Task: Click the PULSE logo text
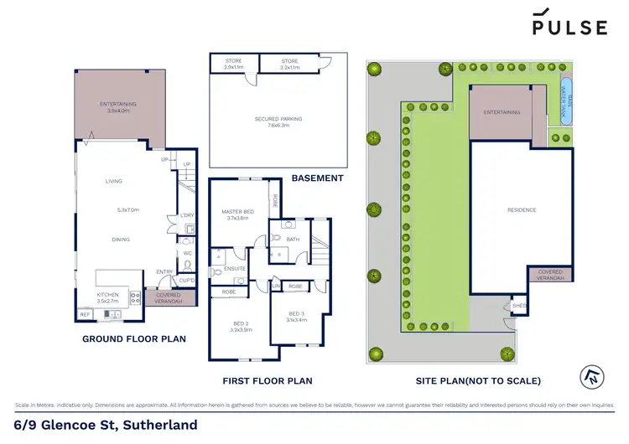pyautogui.click(x=569, y=27)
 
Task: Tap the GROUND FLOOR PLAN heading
pyautogui.click(x=133, y=339)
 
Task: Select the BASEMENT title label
pyautogui.click(x=318, y=178)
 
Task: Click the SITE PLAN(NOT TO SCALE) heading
pyautogui.click(x=478, y=381)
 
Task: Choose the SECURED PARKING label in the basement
pyautogui.click(x=278, y=119)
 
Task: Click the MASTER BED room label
pyautogui.click(x=237, y=211)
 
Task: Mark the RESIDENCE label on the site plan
pyautogui.click(x=520, y=209)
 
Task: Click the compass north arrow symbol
pyautogui.click(x=590, y=378)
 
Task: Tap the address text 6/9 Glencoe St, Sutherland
pyautogui.click(x=106, y=425)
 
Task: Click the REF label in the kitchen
pyautogui.click(x=85, y=314)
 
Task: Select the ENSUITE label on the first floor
pyautogui.click(x=236, y=268)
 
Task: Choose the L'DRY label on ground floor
pyautogui.click(x=187, y=216)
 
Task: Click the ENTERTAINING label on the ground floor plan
pyautogui.click(x=118, y=105)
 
